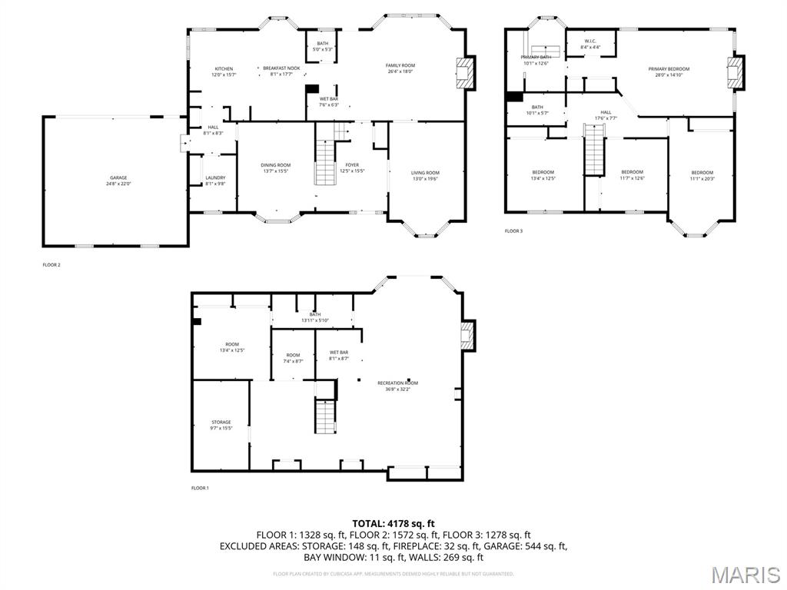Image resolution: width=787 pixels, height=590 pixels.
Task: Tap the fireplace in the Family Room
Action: coord(464,73)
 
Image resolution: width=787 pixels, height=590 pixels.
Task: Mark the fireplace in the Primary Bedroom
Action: coord(736,72)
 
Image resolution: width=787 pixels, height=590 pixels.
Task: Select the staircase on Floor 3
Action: coord(594,153)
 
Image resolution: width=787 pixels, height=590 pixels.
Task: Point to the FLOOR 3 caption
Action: coord(513,230)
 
